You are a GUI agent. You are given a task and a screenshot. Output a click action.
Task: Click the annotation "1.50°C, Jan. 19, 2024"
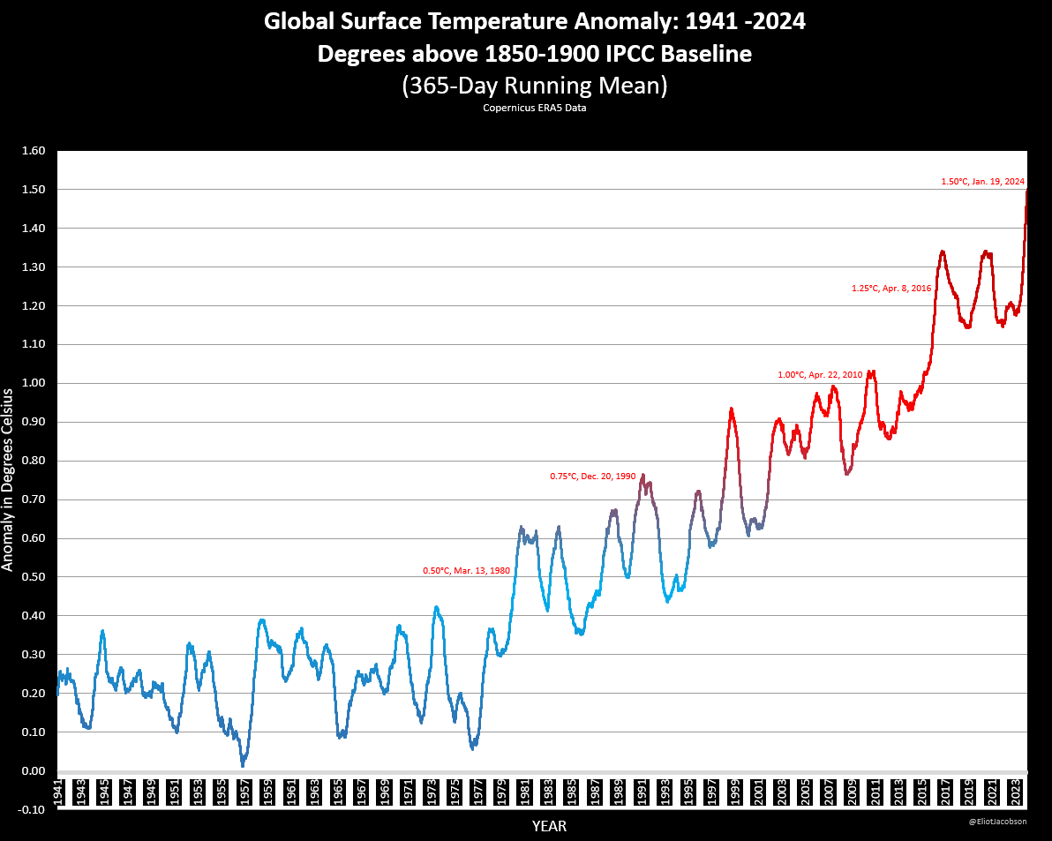coord(983,182)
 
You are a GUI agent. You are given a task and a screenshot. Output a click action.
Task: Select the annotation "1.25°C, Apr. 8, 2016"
coord(891,289)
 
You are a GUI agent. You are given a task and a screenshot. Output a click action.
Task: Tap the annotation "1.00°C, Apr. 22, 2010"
coord(820,375)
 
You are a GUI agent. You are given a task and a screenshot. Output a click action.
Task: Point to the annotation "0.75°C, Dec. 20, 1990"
coord(592,477)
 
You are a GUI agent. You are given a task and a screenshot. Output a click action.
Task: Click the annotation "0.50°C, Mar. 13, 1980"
coord(467,571)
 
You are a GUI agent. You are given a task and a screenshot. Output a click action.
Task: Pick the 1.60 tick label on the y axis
coord(32,151)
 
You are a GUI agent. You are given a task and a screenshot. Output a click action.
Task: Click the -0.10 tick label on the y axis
coord(32,810)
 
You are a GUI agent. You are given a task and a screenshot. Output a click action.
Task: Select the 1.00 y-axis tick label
coord(32,383)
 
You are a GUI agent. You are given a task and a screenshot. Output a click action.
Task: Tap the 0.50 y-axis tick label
coord(32,577)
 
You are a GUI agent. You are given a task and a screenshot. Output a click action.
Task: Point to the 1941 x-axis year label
coord(58,791)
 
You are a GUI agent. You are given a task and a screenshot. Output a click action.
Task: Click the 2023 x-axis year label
coord(1015,791)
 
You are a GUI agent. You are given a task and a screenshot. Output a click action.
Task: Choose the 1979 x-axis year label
coord(501,791)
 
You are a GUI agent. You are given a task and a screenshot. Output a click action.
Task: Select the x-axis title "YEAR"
coord(549,827)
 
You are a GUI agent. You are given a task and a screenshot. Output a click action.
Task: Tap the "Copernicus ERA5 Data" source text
coord(534,108)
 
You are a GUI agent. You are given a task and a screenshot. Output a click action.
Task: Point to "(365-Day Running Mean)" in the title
coord(534,86)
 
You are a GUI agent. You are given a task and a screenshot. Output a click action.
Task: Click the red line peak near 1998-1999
coord(731,409)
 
